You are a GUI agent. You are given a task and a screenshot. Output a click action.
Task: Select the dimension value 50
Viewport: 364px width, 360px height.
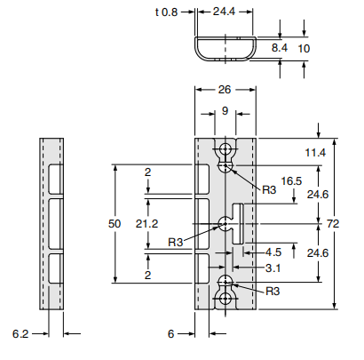coord(114,225)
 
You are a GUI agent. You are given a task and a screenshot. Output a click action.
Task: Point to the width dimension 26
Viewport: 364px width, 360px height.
coord(226,90)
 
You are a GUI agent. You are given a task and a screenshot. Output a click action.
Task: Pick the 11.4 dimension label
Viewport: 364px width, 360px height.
coord(317,153)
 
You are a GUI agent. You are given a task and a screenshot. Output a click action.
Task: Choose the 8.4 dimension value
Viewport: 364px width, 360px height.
coord(279,46)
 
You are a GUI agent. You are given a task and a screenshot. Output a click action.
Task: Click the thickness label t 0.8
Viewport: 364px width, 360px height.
coord(166,13)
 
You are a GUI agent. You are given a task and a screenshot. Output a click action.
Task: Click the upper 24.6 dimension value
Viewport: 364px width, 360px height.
coord(317,194)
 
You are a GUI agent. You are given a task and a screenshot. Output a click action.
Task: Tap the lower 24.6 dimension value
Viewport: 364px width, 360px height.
coord(317,253)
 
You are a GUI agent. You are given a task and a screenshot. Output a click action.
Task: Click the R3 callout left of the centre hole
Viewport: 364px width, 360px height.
coord(177,242)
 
